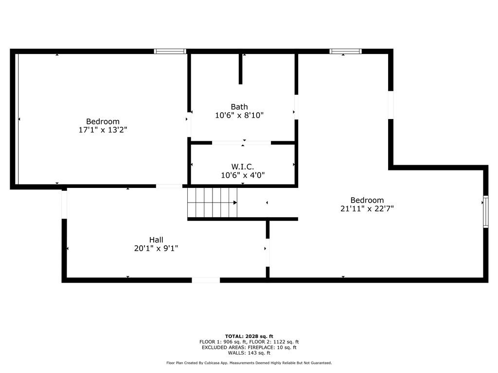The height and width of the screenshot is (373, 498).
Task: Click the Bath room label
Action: [239, 107]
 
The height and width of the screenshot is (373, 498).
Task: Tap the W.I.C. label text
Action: [243, 167]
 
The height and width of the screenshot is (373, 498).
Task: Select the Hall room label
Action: [156, 240]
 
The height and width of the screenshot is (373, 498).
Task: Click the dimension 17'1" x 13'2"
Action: [103, 130]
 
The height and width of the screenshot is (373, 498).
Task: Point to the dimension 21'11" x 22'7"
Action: [367, 209]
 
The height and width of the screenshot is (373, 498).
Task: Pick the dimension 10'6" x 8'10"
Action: [239, 115]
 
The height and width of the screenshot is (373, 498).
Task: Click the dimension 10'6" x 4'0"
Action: [243, 175]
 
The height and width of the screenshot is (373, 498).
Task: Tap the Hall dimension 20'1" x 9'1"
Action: [156, 248]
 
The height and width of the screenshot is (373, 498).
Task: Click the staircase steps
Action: [212, 203]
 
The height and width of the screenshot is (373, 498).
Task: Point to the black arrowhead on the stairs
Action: [235, 203]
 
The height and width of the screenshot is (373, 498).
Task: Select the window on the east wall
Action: [486, 212]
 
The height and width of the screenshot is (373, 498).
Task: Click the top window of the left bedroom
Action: [170, 51]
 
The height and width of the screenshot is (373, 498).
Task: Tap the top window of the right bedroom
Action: [346, 51]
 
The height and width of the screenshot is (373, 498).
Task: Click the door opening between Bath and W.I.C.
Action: [241, 143]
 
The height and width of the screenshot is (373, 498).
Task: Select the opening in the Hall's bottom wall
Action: [206, 280]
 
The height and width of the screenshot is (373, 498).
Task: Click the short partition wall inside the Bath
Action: [240, 69]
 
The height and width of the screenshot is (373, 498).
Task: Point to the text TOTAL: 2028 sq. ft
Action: [249, 336]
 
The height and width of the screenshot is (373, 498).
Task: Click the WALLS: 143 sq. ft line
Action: [249, 353]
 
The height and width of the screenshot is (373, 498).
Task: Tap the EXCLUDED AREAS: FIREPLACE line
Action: [249, 347]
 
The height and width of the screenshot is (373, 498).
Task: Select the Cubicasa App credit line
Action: [249, 363]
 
